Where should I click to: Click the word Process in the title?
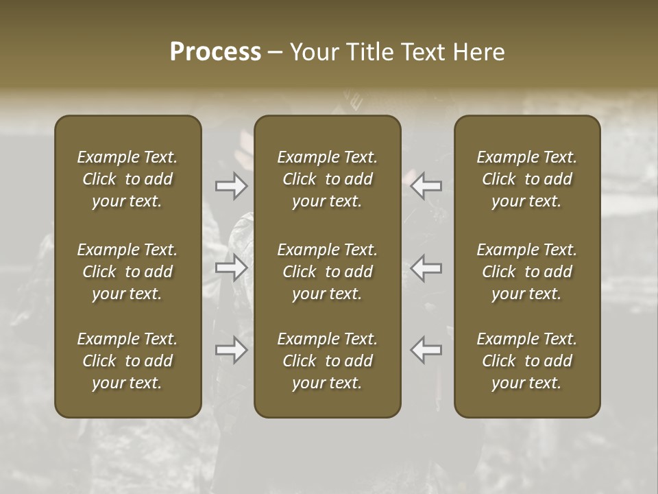click(215, 52)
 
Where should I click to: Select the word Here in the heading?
click(478, 52)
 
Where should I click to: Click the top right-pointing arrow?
click(231, 185)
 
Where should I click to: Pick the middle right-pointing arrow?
click(231, 268)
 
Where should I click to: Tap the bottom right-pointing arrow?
click(231, 350)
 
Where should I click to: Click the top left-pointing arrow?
click(426, 185)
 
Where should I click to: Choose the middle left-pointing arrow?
click(426, 268)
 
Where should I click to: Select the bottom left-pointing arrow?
click(426, 350)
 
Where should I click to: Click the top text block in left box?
click(127, 179)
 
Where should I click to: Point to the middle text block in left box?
click(127, 272)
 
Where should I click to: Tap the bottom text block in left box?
click(127, 361)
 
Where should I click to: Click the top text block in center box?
click(328, 179)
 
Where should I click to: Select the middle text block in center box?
click(328, 272)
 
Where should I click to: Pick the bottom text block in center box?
click(328, 361)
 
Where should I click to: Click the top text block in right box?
click(527, 179)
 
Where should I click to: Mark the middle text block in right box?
click(527, 272)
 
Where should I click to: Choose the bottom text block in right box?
click(527, 361)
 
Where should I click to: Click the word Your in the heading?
click(314, 52)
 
